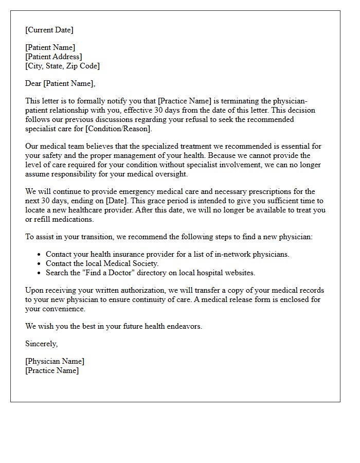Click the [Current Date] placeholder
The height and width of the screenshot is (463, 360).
click(x=49, y=30)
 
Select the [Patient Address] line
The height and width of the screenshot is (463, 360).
click(x=53, y=57)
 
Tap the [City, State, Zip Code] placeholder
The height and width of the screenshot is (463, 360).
click(x=62, y=66)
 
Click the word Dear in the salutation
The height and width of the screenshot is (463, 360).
click(x=33, y=83)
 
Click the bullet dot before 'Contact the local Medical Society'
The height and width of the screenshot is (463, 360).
click(x=39, y=263)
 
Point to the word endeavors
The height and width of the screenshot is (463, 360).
click(x=182, y=326)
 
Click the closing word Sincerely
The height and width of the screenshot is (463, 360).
click(x=41, y=344)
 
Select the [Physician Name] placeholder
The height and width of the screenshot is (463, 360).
click(x=55, y=361)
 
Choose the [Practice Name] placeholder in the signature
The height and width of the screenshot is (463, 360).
click(x=52, y=370)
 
